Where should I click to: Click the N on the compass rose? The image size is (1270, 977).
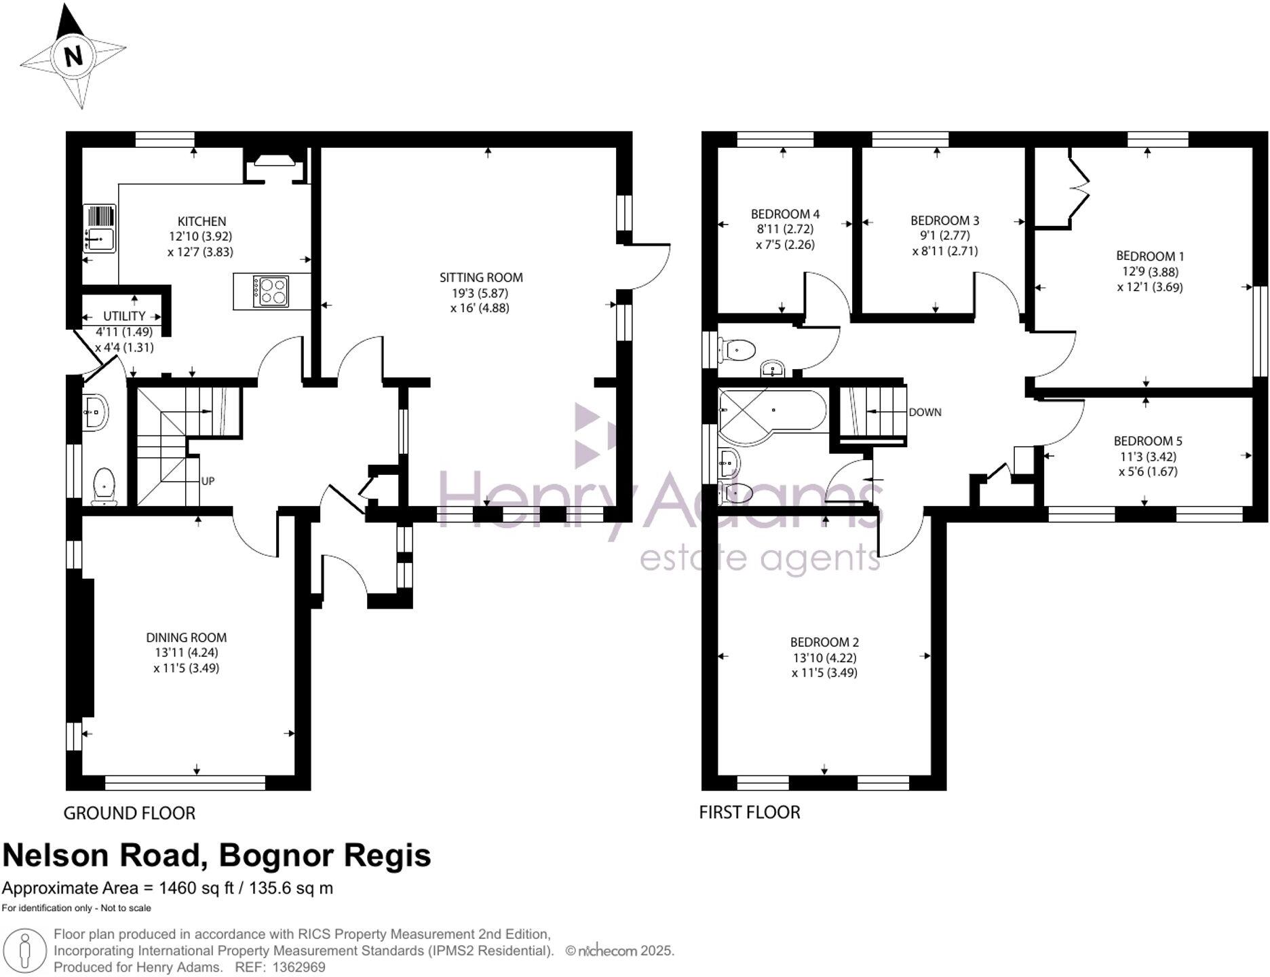click(73, 55)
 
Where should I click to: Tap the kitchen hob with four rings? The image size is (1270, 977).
click(271, 292)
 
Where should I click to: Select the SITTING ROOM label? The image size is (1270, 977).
click(480, 277)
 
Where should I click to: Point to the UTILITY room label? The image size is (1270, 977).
click(124, 316)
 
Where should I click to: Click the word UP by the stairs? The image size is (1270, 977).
click(208, 481)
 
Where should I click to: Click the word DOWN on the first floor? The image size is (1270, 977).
click(925, 413)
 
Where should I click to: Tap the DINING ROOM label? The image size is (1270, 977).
click(186, 637)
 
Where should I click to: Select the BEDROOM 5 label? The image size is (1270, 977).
click(1147, 441)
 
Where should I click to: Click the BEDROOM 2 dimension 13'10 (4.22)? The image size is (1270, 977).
click(824, 657)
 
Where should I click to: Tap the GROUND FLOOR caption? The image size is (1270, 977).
click(129, 813)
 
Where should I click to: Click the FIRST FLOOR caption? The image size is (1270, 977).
click(749, 812)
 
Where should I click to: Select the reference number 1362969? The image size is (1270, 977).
click(299, 968)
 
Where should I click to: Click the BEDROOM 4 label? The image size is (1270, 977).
click(785, 214)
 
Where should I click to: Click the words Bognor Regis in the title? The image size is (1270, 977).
click(324, 856)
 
